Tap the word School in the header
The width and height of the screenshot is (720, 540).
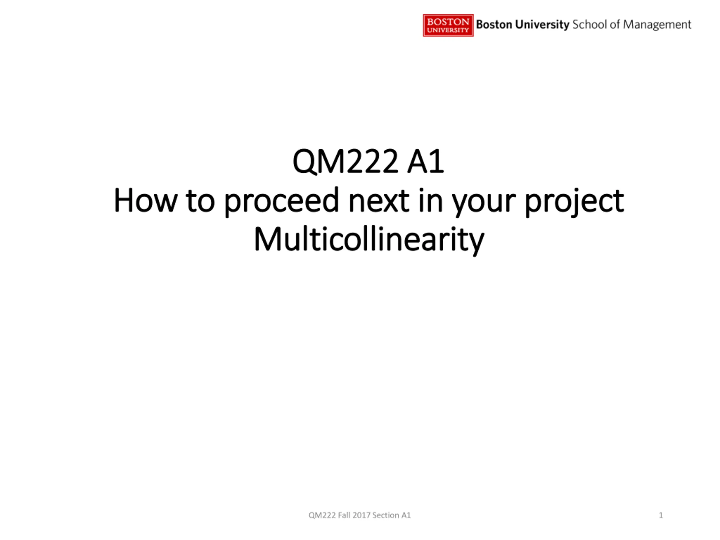coord(589,25)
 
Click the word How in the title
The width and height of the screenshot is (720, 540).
coord(145,201)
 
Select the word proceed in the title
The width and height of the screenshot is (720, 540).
coord(282,202)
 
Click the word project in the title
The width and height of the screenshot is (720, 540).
coord(575,202)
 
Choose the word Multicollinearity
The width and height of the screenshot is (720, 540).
coord(369,240)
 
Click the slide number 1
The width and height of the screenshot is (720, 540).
coord(661,515)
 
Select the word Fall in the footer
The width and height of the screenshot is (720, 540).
coord(344,515)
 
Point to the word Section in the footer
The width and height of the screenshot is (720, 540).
coord(386,515)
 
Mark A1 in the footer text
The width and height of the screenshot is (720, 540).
coord(406,515)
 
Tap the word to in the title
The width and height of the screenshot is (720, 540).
coord(200,202)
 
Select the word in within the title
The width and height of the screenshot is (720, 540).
coord(430,201)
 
